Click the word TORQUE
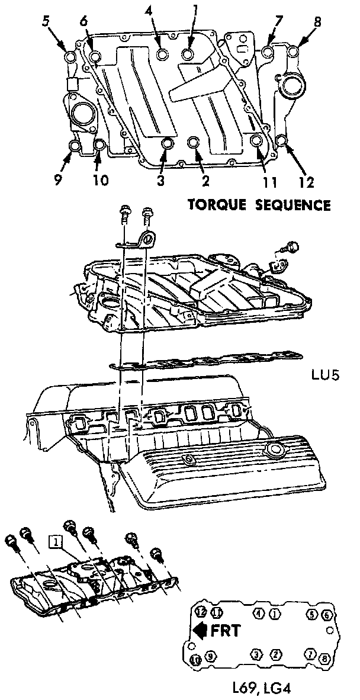click(x=217, y=205)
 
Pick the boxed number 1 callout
click(x=55, y=541)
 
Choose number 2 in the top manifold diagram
click(x=204, y=179)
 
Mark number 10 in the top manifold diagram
click(x=101, y=179)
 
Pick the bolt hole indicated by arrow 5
click(x=70, y=57)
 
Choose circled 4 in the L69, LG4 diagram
click(x=259, y=612)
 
